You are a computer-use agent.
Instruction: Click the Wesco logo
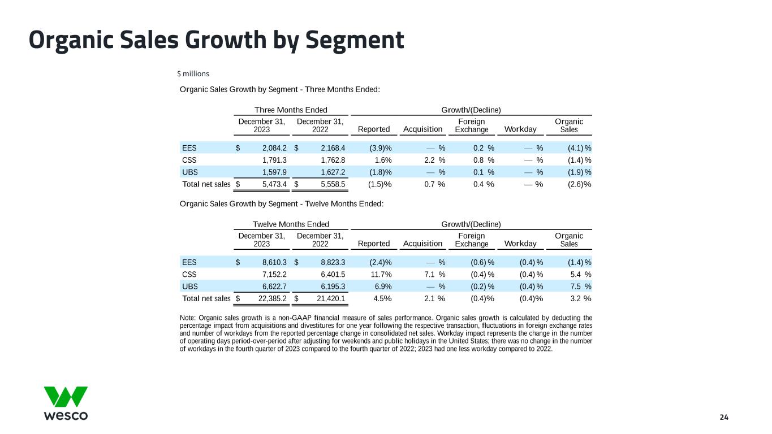66,403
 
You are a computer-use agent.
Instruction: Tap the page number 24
724,417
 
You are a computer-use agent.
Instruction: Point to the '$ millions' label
193,73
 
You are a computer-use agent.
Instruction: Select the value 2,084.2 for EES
274,148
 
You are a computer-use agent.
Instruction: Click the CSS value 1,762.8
333,160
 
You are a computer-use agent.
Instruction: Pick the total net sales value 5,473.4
274,184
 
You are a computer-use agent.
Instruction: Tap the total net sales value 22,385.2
271,298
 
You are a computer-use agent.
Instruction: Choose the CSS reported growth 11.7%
380,274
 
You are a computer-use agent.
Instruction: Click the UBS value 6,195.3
333,287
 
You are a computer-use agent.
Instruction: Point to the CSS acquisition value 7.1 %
434,274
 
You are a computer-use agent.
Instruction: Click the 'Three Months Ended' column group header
291,110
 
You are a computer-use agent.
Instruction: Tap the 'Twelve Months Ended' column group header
291,224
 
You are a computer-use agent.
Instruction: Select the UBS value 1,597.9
274,172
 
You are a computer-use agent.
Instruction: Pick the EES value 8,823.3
333,262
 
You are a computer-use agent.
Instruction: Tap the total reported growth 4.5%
380,298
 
